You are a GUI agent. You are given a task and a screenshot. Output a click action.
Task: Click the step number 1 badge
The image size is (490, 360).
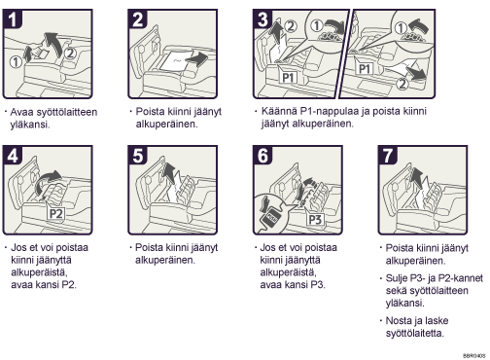(x=13, y=19)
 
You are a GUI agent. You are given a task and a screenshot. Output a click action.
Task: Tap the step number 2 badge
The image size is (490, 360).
(x=138, y=19)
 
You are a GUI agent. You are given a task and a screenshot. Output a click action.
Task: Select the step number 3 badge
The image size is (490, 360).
(x=262, y=19)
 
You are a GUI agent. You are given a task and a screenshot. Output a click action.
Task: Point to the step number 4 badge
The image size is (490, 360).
(x=13, y=156)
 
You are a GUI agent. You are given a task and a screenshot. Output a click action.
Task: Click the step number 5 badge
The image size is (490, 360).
(x=138, y=156)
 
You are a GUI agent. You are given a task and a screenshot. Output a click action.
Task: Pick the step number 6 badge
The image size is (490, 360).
(x=262, y=156)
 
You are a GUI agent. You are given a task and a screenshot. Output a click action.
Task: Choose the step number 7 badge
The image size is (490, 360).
(x=388, y=156)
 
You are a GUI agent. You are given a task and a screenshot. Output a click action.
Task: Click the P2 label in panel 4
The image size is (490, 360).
(x=55, y=214)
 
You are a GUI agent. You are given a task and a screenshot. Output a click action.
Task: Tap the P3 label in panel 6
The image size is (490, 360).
(x=315, y=219)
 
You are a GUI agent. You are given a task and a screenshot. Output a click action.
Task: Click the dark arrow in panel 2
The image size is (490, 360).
(x=197, y=59)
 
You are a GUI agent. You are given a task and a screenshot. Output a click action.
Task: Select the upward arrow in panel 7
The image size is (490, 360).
(x=417, y=178)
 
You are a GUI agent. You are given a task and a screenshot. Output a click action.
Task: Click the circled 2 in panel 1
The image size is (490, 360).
(x=70, y=53)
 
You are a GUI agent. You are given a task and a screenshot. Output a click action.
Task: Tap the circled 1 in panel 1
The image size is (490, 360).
(x=16, y=61)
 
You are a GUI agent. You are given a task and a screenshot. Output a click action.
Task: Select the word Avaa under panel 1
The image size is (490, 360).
(x=21, y=112)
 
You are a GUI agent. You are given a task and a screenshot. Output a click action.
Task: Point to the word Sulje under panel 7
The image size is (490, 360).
(x=397, y=278)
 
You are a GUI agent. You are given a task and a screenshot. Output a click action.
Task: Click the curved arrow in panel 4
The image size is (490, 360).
(x=48, y=183)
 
